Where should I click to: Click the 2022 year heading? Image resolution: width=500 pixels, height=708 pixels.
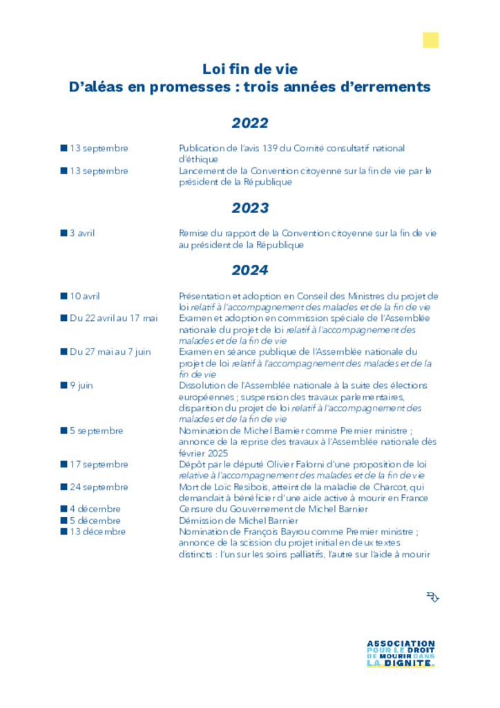[250, 124]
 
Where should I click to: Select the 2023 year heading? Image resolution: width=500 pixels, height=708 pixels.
[250, 208]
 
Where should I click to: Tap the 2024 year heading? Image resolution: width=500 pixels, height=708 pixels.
[250, 270]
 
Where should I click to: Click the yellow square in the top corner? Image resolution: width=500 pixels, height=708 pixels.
[430, 40]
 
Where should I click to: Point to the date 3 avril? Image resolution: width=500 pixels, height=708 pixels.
[82, 233]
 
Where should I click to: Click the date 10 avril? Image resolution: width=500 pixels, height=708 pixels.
[84, 296]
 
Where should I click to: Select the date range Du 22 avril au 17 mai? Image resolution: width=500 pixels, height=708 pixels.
[113, 318]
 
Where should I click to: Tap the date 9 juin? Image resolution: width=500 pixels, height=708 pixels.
[81, 385]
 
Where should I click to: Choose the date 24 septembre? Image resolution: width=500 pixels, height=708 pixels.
[99, 487]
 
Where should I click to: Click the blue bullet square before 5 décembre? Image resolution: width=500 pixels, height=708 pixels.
[64, 521]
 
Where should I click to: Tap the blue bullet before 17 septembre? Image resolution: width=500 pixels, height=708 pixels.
[64, 465]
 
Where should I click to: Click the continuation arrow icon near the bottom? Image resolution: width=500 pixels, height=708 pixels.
[433, 597]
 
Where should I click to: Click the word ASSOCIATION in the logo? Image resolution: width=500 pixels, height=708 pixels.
[401, 643]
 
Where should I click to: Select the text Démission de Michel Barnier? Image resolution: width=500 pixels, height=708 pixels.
[238, 521]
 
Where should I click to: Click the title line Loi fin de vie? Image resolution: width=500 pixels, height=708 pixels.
[250, 69]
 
